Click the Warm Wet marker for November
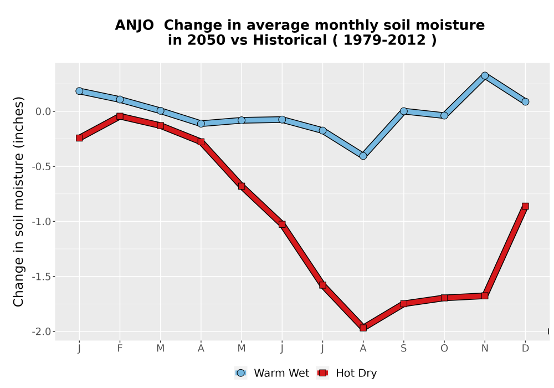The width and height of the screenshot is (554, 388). pos(485,75)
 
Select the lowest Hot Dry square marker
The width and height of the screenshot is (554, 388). pos(363,328)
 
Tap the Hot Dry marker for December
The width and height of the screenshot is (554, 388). pos(525,206)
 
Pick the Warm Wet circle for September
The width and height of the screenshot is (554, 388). pos(404,111)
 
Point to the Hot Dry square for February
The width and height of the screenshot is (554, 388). pos(120,116)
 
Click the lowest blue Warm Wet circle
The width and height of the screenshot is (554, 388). pos(363,156)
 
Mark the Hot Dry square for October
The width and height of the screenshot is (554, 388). pos(444,298)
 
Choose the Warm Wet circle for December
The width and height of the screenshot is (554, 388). pos(525,102)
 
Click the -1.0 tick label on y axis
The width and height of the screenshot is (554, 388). pos(42,222)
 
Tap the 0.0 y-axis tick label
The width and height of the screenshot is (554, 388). pos(43,111)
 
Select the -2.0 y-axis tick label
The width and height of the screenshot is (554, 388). pos(42,332)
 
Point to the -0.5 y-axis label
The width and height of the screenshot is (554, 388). pos(42,166)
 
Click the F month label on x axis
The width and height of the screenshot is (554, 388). pos(120,349)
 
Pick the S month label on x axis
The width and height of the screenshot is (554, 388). pos(404,349)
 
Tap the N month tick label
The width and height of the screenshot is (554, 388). pos(485,349)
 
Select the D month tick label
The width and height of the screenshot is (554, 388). pos(525,349)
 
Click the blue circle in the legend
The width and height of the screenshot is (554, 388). pos(240,373)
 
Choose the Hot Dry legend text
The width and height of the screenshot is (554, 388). pos(356,373)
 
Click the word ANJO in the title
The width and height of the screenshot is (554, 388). pos(134,25)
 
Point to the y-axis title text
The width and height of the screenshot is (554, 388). pos(18,202)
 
